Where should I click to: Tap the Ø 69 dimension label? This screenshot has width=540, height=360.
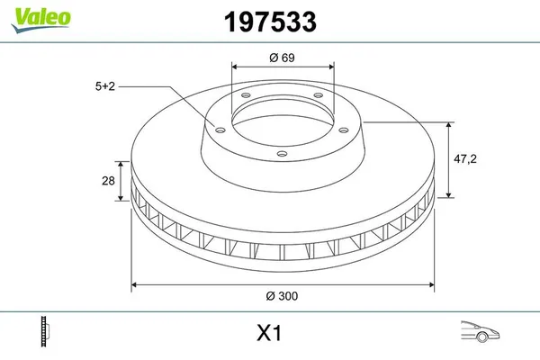(x=283, y=58)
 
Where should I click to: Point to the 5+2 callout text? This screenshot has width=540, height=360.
(x=106, y=86)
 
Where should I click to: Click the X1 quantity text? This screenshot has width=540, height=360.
(x=270, y=334)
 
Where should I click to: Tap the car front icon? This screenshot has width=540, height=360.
(x=477, y=332)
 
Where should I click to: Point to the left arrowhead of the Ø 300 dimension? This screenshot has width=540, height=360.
(x=135, y=284)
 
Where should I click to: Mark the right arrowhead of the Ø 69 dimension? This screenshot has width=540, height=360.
(x=332, y=66)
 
